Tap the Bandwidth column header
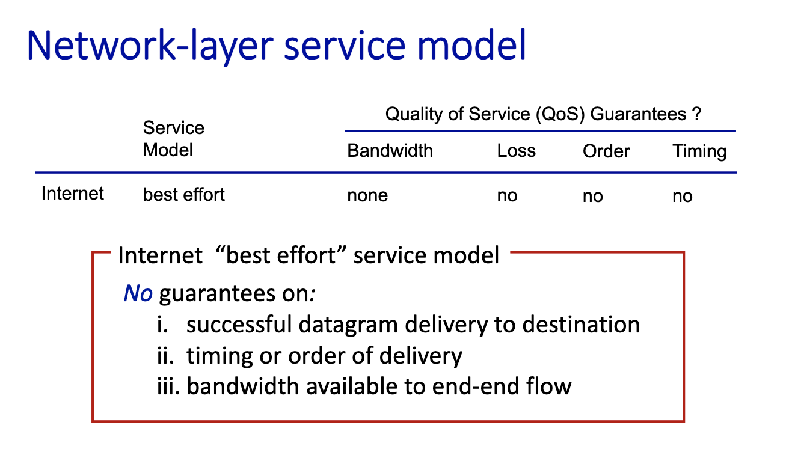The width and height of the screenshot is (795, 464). (x=390, y=151)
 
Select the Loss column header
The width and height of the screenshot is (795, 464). (x=516, y=151)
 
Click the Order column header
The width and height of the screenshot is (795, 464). (x=606, y=151)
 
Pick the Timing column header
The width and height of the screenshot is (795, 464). (x=699, y=152)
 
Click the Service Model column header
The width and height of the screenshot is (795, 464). (x=174, y=139)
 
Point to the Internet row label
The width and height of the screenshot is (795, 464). (x=72, y=194)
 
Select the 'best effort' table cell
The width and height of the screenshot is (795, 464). (x=183, y=194)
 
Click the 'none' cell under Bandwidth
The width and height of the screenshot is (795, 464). (x=367, y=195)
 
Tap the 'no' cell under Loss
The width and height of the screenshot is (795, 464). (x=507, y=195)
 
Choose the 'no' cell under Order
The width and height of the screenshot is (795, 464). (x=593, y=196)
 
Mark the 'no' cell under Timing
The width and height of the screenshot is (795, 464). (x=682, y=196)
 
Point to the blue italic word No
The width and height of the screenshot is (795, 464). (x=138, y=293)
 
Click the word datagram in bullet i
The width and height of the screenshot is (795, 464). (x=348, y=325)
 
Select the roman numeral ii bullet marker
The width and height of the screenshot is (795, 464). (x=165, y=356)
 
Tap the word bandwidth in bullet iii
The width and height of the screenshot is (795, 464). (x=242, y=386)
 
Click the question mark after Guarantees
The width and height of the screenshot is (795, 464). (x=696, y=114)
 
